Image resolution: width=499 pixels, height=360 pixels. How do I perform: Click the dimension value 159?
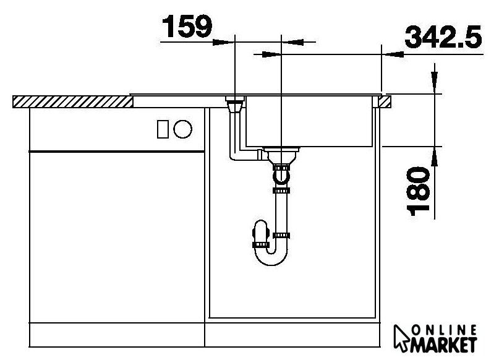click(187, 27)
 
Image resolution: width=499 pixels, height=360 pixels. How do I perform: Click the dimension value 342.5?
click(443, 37)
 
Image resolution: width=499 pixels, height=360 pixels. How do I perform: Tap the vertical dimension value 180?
click(418, 191)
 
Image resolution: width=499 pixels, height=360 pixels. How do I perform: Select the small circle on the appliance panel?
click(183, 129)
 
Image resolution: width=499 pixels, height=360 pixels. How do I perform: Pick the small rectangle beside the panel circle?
click(163, 129)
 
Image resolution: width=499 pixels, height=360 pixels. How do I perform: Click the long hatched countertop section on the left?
click(73, 101)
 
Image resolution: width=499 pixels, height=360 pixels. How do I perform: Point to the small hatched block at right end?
click(385, 101)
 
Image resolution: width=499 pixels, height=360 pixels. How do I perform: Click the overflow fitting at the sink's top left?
click(235, 104)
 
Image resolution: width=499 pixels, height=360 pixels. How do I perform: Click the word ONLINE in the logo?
click(444, 330)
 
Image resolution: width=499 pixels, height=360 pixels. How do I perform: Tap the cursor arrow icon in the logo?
click(402, 338)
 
